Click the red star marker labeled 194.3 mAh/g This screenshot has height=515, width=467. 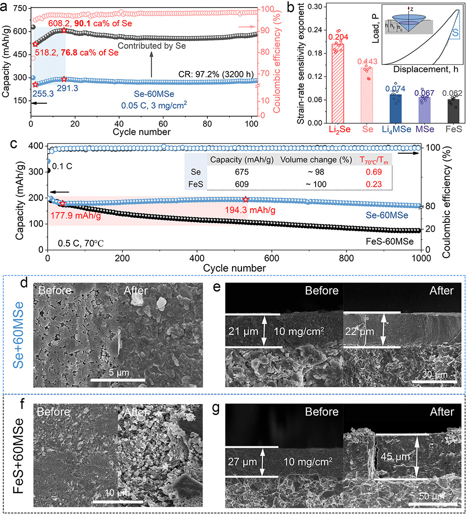click(x=246, y=199)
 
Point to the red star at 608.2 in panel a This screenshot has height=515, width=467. click(x=64, y=30)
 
